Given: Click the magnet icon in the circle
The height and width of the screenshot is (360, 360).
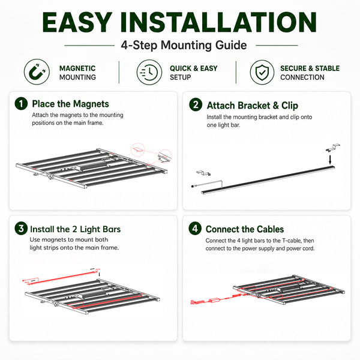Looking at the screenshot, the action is point(37,71).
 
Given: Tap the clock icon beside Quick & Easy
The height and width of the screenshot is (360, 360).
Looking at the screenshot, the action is point(149,72).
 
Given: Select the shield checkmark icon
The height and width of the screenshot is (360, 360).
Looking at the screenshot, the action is point(262,72).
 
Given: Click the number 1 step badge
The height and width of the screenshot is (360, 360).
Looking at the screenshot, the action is point(21,104).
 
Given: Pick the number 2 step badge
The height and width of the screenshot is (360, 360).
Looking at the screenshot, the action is point(196,105).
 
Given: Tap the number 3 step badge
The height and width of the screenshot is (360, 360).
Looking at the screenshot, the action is point(21,229).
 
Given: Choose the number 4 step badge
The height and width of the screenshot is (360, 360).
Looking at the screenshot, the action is point(195,229).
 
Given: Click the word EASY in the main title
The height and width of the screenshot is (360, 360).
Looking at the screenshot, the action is point(77,22).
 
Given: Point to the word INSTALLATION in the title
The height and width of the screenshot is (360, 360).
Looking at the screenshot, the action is point(218,22).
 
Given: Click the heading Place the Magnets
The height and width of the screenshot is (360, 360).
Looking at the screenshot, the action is point(70,104).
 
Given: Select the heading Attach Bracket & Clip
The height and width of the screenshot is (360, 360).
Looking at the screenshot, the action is point(253,106).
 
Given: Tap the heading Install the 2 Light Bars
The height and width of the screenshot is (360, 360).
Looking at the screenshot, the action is point(76,229).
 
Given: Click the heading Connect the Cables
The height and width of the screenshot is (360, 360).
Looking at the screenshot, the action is point(245,229).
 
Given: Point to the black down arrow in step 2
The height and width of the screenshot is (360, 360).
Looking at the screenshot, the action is point(330,160).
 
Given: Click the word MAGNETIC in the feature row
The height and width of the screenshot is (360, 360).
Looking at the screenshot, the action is point(77,68).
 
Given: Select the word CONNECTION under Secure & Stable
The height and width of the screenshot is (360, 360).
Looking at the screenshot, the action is point(302,77).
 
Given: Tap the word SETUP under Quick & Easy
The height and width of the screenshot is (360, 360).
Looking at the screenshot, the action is point(180,77).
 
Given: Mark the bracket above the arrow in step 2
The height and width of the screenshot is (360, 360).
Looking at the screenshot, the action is point(333,148).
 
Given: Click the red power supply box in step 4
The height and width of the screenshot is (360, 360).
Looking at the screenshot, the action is point(214,300).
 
